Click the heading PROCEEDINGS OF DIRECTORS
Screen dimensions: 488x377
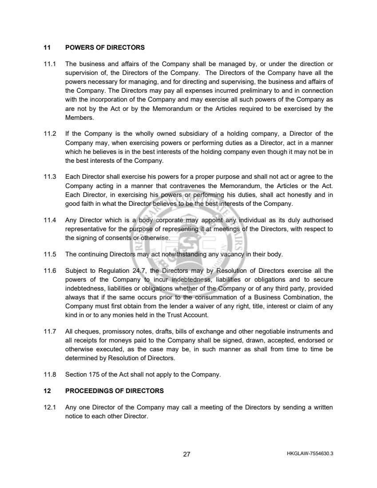[x=114, y=391]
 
